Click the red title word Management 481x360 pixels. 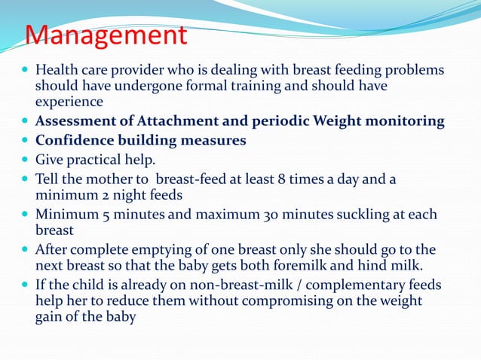point(106,35)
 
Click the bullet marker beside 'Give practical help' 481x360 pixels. point(26,160)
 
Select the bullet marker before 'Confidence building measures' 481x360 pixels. point(26,140)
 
